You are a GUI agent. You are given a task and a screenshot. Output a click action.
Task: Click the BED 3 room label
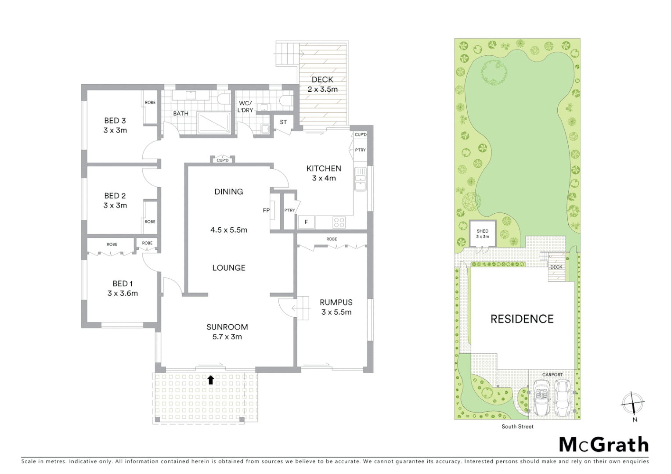(x=115, y=121)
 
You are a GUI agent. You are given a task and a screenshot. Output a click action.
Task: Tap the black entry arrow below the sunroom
(x=211, y=380)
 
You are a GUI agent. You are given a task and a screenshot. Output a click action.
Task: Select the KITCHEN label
(x=324, y=169)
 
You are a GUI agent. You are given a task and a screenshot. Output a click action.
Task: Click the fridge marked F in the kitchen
(x=306, y=223)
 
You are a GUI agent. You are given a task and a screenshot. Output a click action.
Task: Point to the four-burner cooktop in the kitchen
(x=339, y=223)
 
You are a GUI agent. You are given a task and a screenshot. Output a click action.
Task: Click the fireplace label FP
(x=266, y=210)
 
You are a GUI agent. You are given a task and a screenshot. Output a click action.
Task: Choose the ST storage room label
(x=283, y=122)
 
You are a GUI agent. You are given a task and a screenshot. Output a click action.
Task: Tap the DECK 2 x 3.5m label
(x=322, y=84)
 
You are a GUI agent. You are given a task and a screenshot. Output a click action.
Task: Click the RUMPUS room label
(x=336, y=302)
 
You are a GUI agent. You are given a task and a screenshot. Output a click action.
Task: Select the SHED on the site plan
(x=483, y=234)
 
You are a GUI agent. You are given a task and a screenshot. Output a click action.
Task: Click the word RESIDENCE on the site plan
(x=522, y=319)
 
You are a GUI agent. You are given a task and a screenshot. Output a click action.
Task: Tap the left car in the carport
(x=541, y=397)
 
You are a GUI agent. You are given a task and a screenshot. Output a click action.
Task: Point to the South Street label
(x=517, y=427)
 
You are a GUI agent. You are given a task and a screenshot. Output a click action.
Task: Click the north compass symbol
(x=633, y=403)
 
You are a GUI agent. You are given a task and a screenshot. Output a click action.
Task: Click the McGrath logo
(x=603, y=445)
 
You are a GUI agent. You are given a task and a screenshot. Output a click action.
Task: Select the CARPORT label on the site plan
(x=552, y=375)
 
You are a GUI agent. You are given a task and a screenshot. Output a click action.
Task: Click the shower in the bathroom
(x=213, y=122)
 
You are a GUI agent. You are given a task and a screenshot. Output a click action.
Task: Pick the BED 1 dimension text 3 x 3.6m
(x=123, y=294)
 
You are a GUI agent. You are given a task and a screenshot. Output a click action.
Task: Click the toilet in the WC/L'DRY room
(x=286, y=101)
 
